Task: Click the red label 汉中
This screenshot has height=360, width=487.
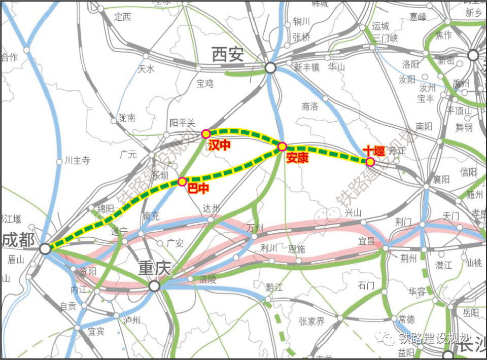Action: [x=219, y=146]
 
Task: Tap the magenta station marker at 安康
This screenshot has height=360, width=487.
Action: [x=282, y=147]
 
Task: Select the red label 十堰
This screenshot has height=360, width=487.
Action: [x=374, y=151]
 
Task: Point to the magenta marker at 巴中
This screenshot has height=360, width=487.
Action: [x=182, y=182]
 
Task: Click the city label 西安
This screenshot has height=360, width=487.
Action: [x=228, y=54]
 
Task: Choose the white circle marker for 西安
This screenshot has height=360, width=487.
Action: [x=270, y=67]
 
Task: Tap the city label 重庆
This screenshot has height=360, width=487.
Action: [x=155, y=269]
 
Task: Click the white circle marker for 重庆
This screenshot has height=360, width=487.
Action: [x=154, y=286]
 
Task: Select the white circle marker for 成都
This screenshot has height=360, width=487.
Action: [x=45, y=248]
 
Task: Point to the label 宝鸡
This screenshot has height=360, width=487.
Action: [x=205, y=84]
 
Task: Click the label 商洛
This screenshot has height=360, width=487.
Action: [x=309, y=106]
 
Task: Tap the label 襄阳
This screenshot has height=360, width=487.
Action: [x=441, y=179]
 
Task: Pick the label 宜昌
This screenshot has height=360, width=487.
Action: [x=366, y=241]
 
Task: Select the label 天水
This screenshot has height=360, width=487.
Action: [x=146, y=69]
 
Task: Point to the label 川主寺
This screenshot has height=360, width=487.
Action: [x=77, y=161]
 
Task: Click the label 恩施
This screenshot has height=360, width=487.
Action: [x=297, y=249]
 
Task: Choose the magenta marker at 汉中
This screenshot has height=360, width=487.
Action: [x=205, y=134]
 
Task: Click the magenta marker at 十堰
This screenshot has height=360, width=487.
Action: [x=370, y=162]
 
